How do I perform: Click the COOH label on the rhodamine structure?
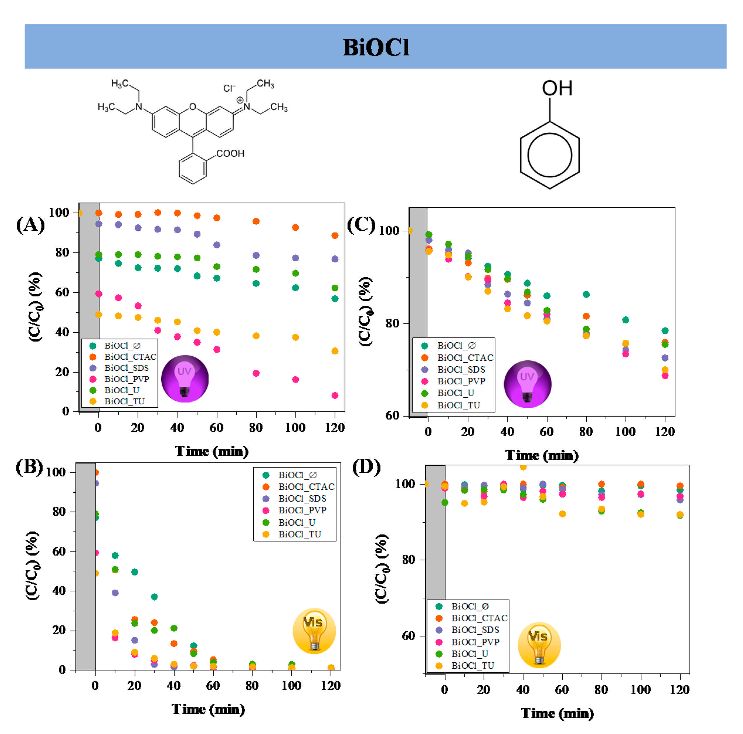230,153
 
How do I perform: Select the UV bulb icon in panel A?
185,378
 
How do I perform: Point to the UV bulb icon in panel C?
527,383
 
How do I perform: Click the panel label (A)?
30,225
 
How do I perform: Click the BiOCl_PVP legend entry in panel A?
126,379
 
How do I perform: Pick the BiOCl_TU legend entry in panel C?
458,405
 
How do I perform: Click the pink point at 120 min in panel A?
335,395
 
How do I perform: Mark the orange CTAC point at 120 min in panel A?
335,235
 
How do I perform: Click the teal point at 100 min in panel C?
625,320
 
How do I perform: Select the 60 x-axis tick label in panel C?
547,431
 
